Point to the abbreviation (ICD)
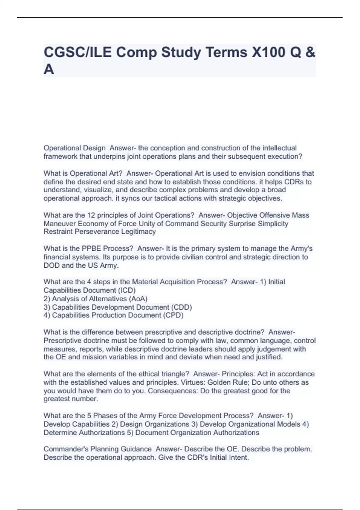pos(127,290)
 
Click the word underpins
pos(109,156)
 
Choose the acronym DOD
pos(52,265)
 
